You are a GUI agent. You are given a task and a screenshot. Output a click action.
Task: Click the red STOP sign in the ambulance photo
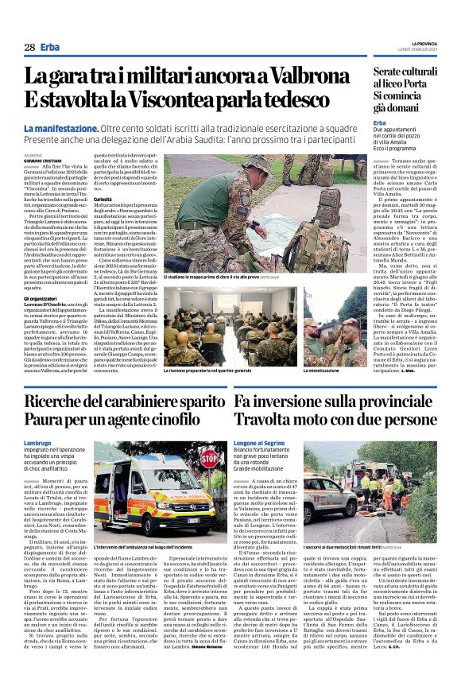click(208, 459)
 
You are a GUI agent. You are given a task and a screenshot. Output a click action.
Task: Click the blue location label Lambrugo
click(37, 441)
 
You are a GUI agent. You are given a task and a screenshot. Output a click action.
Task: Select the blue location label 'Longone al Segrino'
click(261, 441)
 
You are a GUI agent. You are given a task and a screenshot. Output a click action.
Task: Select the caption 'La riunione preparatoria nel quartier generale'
click(210, 371)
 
